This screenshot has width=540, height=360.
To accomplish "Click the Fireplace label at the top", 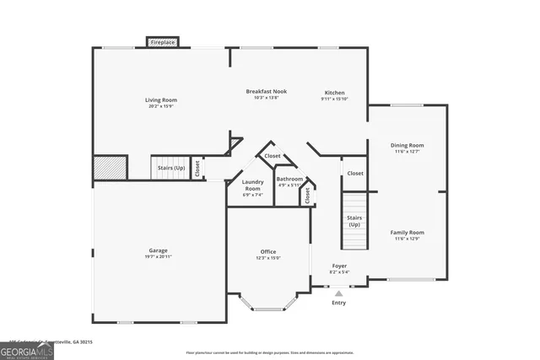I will tap(163, 42).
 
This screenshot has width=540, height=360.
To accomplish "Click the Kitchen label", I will tap(335, 93).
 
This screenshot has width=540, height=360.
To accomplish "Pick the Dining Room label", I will tap(407, 145).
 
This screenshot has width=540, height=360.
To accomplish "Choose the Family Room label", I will tap(407, 232).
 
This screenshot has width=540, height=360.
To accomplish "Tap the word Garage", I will tap(158, 250).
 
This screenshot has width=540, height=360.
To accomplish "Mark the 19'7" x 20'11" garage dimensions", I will tap(158, 256).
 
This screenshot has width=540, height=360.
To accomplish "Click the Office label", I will tap(268, 251).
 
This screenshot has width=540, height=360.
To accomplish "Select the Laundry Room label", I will tap(251, 185).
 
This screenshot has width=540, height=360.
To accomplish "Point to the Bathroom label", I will tap(289, 178).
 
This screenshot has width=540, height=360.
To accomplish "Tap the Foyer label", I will tap(338, 266).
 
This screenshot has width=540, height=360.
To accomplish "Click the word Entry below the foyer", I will tap(338, 302).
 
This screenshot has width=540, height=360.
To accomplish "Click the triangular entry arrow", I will tap(338, 293).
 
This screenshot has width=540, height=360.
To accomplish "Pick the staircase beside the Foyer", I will tap(354, 221).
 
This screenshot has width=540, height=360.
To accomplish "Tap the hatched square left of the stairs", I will tap(110, 167).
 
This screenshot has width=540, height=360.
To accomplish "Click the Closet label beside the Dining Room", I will tap(355, 173).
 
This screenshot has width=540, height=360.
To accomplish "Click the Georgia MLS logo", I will tap(27, 348).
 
